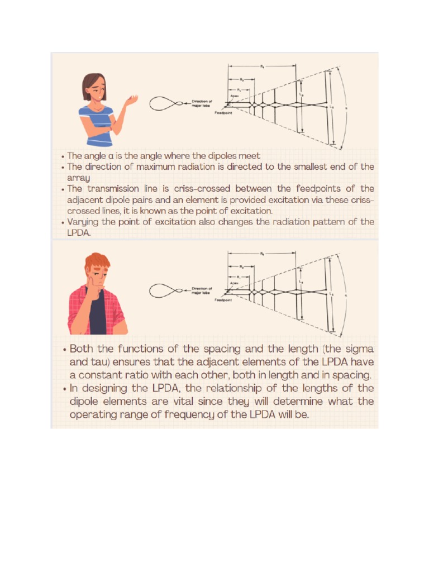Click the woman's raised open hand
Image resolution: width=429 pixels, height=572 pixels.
[132, 101]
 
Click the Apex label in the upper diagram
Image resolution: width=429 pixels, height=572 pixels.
[235, 96]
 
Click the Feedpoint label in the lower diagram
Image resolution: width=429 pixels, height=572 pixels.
[223, 300]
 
